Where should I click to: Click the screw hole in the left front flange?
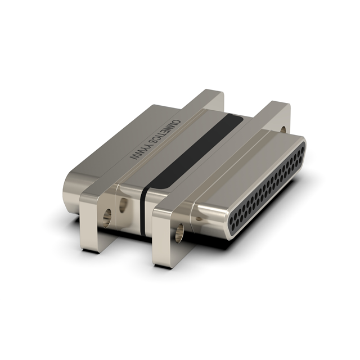click(x=107, y=218)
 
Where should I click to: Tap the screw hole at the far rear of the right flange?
click(x=283, y=130)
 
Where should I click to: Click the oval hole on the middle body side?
click(x=124, y=205)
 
